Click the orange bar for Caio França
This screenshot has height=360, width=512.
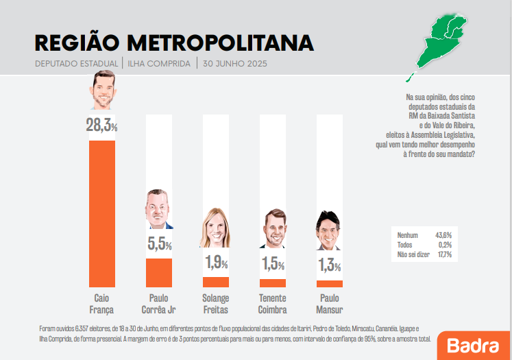pyautogui.click(x=102, y=213)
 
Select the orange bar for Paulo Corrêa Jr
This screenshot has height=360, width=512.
pyautogui.click(x=159, y=272)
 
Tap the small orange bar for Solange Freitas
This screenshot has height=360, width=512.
pyautogui.click(x=216, y=282)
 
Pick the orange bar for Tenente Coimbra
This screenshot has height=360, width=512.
pyautogui.click(x=273, y=283)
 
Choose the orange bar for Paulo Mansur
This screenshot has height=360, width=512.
pyautogui.click(x=330, y=283)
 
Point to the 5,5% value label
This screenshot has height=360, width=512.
pyautogui.click(x=159, y=243)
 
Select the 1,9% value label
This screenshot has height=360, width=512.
pyautogui.click(x=216, y=262)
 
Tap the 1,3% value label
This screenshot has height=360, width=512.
pyautogui.click(x=330, y=265)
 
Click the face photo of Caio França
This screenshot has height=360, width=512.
pyautogui.click(x=102, y=91)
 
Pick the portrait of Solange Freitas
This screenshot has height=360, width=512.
pyautogui.click(x=215, y=228)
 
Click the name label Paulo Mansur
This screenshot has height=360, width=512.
pyautogui.click(x=330, y=304)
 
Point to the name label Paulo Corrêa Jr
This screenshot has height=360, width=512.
pyautogui.click(x=159, y=304)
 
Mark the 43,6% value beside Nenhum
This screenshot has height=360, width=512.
pyautogui.click(x=443, y=235)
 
